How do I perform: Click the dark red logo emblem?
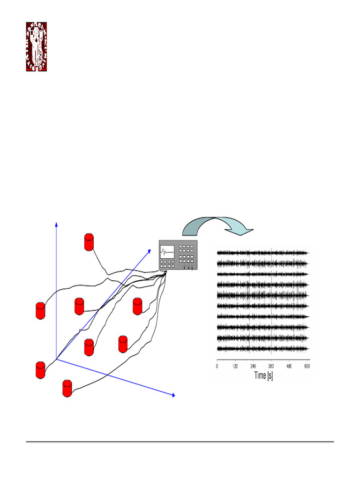tap(36, 47)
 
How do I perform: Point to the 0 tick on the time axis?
tap(217, 366)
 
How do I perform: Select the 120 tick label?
tap(235, 366)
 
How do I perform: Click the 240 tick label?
tap(253, 366)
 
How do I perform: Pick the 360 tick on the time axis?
tap(271, 366)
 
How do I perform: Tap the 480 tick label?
tap(290, 366)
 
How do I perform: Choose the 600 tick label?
tap(307, 366)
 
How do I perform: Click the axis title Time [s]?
tap(263, 375)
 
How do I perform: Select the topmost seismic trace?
tap(262, 253)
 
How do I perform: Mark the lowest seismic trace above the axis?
tap(262, 349)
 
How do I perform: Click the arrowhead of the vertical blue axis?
tap(56, 224)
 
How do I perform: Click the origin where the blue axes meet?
tap(57, 360)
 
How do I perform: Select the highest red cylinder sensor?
tap(89, 241)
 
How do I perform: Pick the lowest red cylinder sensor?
tap(68, 389)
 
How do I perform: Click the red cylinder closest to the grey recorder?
tap(137, 306)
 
